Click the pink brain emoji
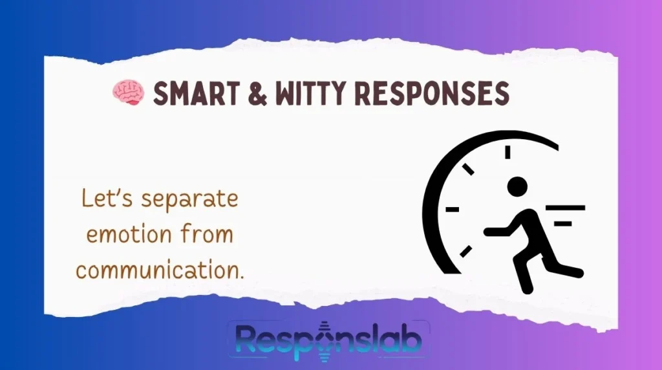coord(127,94)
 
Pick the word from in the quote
coord(209,234)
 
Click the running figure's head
coord(517,188)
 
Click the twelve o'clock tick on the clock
coord(507,152)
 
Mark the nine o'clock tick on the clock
coord(453,210)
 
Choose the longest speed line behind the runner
coord(566,208)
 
